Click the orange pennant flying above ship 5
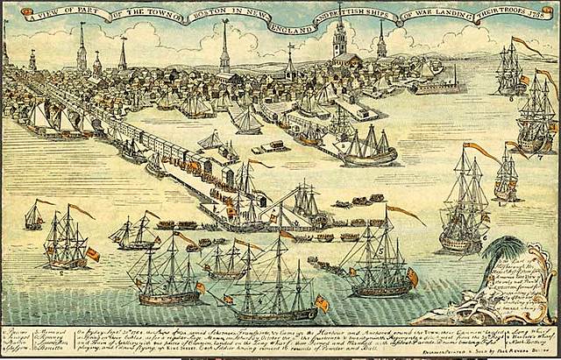[405, 213]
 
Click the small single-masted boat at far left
[34, 215]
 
